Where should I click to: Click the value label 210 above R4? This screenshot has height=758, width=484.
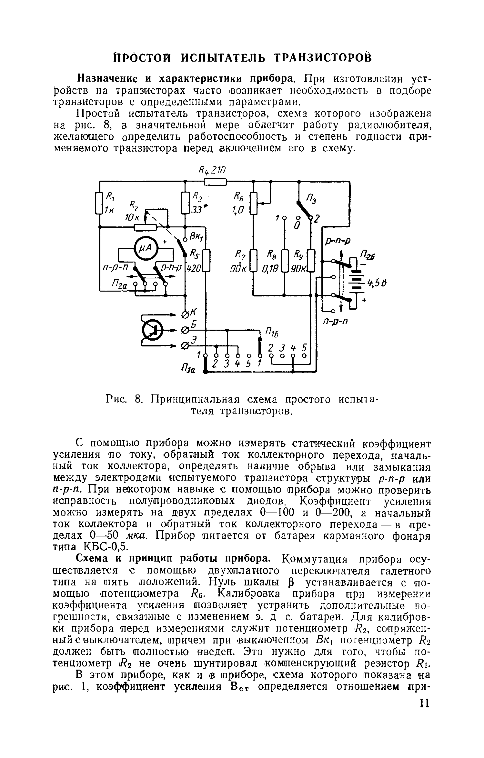[x=219, y=170]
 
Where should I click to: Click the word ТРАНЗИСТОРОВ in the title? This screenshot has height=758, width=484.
[x=323, y=58]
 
